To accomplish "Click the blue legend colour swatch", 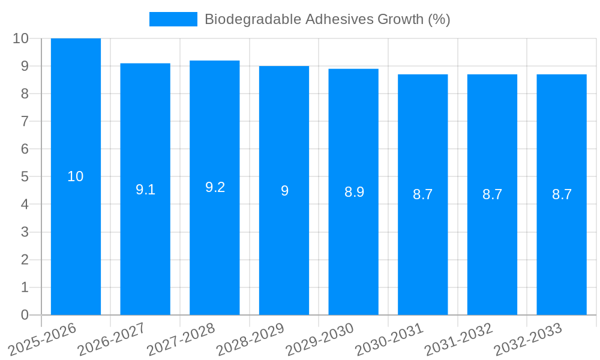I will [173, 19].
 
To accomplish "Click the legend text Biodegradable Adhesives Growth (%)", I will [327, 19].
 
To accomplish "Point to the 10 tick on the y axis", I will [21, 38].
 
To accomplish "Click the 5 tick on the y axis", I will [25, 177].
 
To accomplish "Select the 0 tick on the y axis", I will [25, 315].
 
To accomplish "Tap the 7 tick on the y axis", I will [25, 121].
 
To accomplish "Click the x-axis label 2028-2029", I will [250, 339].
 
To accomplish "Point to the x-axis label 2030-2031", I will [389, 339].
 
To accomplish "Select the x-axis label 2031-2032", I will [458, 339].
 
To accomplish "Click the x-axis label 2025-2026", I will [42, 339].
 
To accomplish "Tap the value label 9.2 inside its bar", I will [215, 187].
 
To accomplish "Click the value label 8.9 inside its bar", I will [354, 192].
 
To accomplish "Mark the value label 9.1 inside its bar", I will [145, 190].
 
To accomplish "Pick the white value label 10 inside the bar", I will [76, 176].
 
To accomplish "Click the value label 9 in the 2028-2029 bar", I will [284, 191].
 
